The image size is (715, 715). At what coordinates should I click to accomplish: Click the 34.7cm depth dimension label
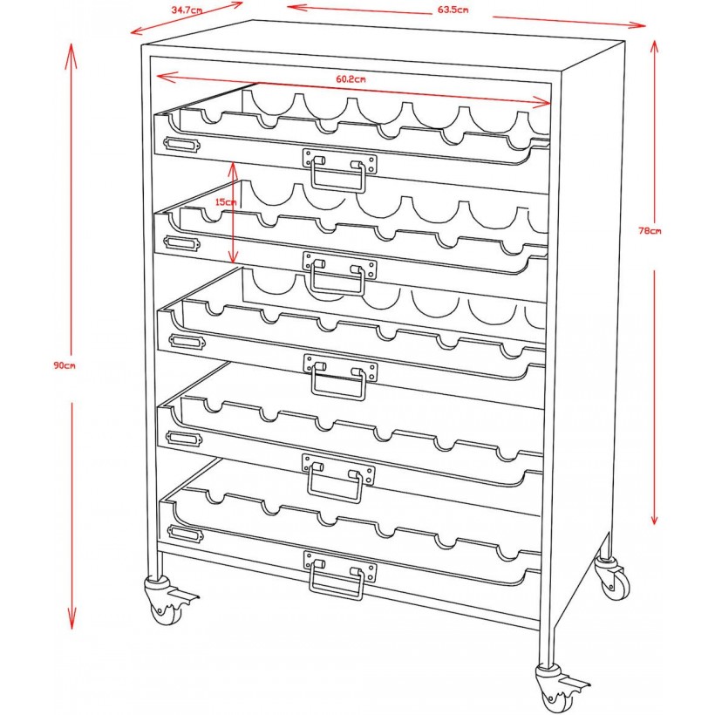pos(187,10)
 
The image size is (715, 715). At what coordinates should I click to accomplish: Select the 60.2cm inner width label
pos(351,79)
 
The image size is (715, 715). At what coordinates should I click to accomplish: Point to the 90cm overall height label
pos(65,365)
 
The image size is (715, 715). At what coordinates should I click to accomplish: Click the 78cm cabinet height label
pos(650,231)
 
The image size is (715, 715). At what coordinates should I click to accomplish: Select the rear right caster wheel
pos(612,579)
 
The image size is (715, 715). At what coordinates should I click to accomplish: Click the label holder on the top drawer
pos(182,144)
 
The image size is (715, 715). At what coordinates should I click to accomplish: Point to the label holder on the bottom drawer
pos(182,533)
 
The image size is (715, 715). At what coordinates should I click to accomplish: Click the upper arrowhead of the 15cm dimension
pos(234,166)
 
